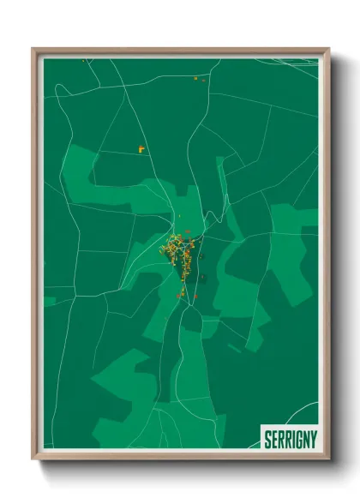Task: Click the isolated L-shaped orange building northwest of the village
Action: point(141,149)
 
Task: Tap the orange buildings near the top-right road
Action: point(201,79)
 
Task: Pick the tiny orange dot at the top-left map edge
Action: point(83,61)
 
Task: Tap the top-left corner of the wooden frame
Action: point(34,50)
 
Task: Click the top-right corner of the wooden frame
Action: point(328,50)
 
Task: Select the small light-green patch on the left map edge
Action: point(50,301)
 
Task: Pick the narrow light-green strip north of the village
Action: point(220,184)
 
